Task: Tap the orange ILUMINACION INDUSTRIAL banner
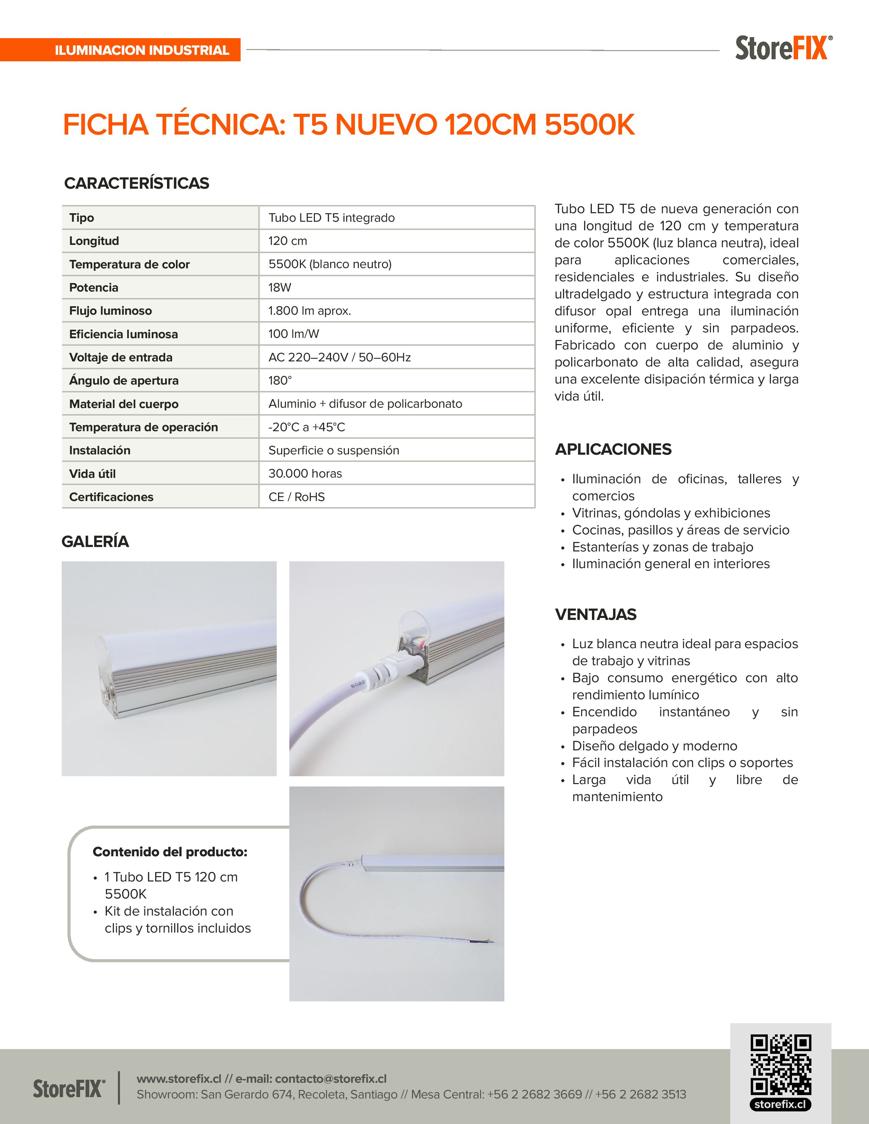pyautogui.click(x=141, y=50)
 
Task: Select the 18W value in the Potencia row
pyautogui.click(x=279, y=287)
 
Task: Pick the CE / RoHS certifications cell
pyautogui.click(x=296, y=497)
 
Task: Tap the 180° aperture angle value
pyautogui.click(x=279, y=380)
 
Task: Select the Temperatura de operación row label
pyautogui.click(x=143, y=427)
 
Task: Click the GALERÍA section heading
pyautogui.click(x=95, y=542)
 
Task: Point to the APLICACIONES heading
pyautogui.click(x=613, y=449)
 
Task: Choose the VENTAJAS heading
pyautogui.click(x=596, y=614)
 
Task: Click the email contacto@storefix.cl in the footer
pyautogui.click(x=331, y=1079)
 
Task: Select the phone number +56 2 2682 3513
pyautogui.click(x=640, y=1095)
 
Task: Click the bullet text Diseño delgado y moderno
pyautogui.click(x=654, y=746)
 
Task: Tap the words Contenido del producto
pyautogui.click(x=170, y=852)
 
